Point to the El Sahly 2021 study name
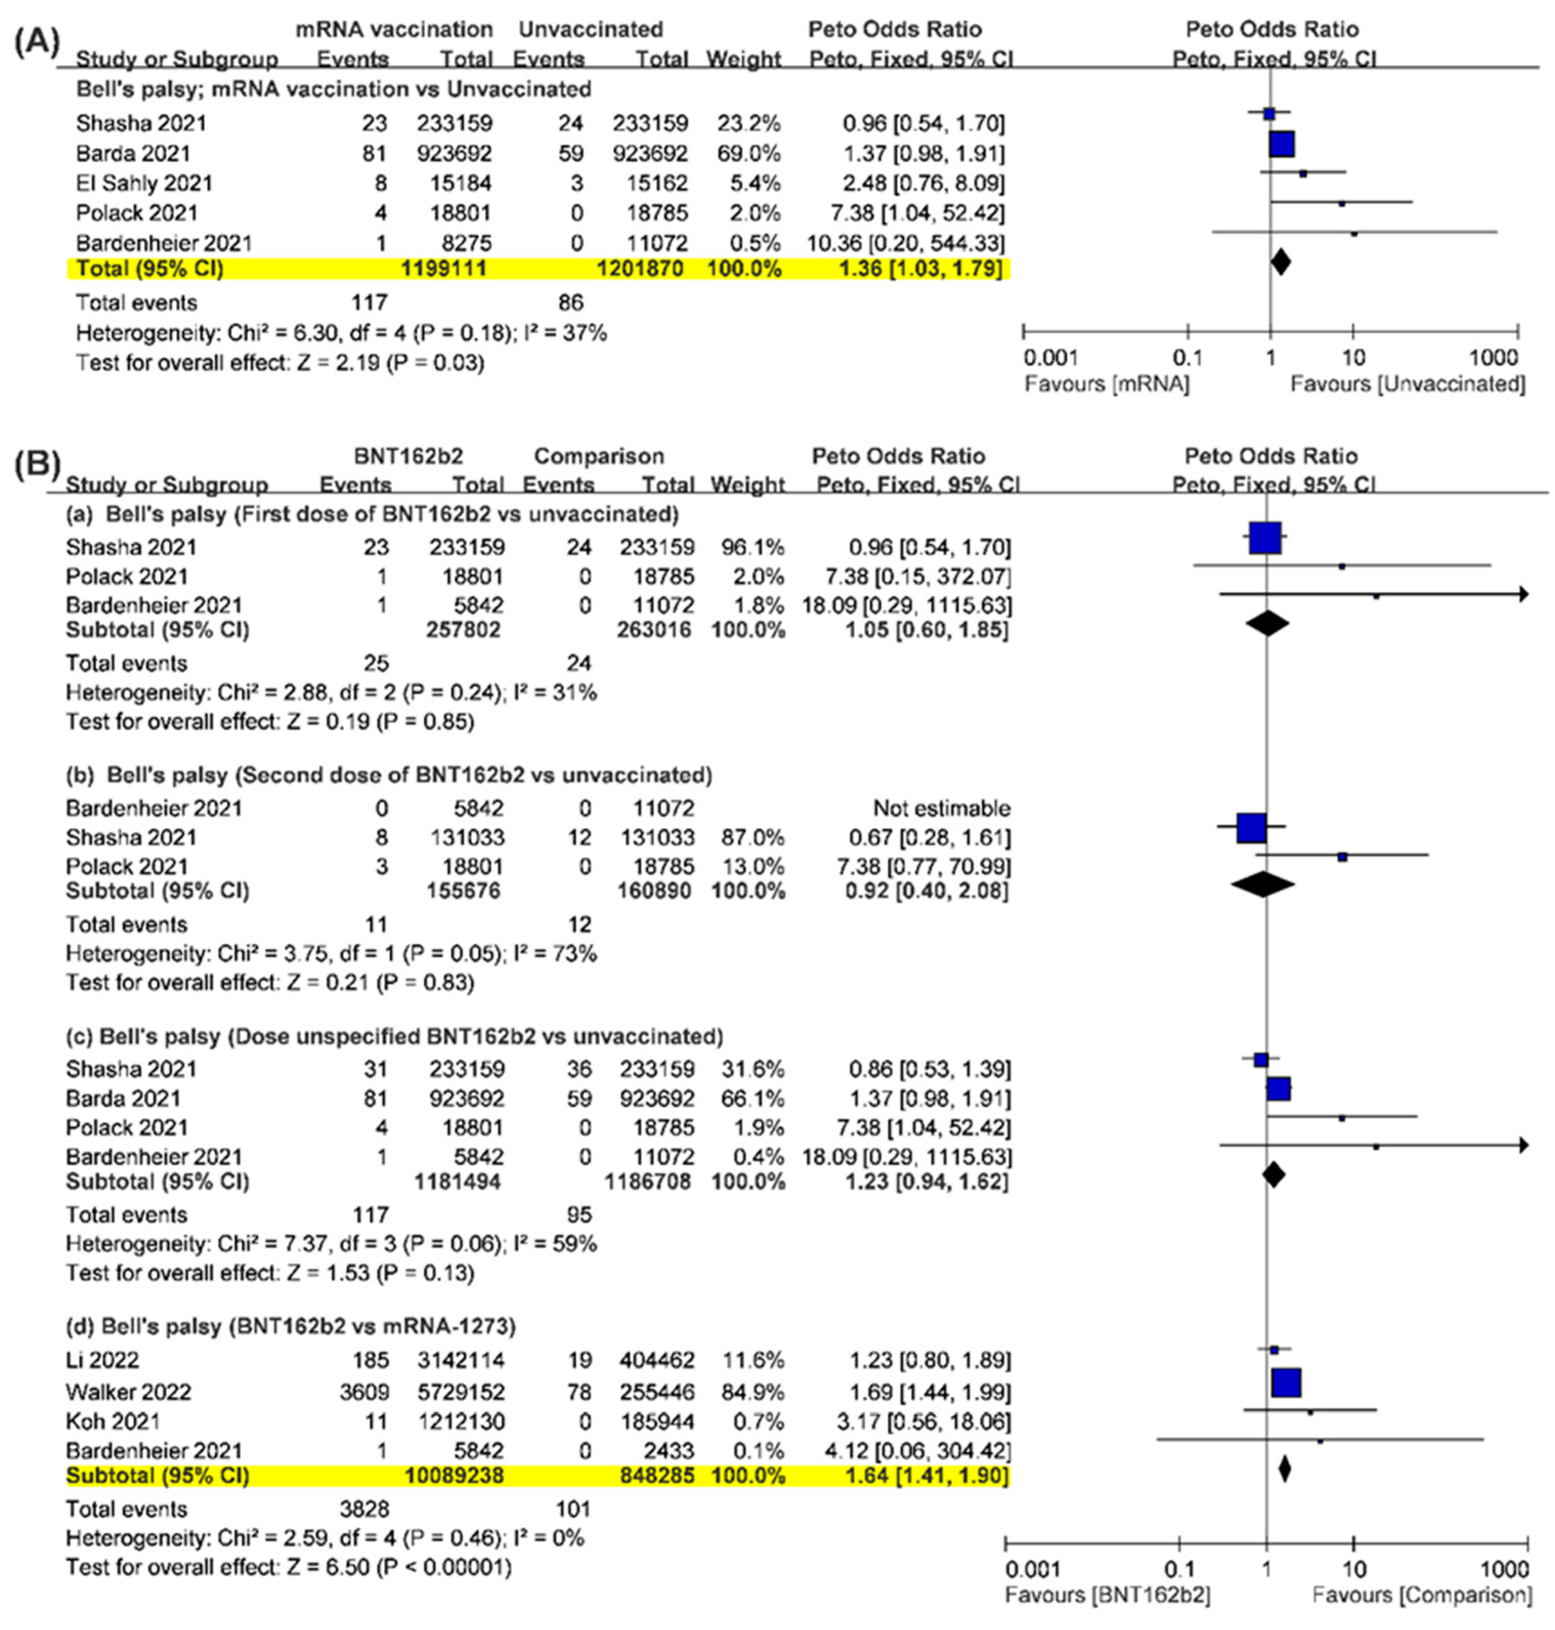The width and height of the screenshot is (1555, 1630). point(144,183)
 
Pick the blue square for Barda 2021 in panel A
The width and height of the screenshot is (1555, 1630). point(1282,145)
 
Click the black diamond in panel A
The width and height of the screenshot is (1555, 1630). point(1281,262)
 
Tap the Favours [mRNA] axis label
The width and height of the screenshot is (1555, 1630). point(1107,384)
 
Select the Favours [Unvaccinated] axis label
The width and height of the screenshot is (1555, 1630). point(1408,384)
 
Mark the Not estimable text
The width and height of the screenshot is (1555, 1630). point(942,808)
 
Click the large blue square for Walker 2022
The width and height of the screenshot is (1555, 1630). point(1286,1382)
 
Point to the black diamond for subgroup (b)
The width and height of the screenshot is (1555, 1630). point(1262,885)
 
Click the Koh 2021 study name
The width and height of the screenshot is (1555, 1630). point(113,1421)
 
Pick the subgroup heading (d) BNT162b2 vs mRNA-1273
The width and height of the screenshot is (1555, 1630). point(291,1327)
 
